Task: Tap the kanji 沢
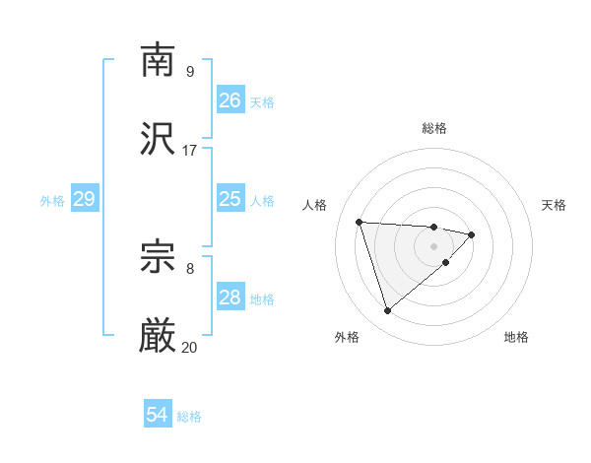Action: [x=158, y=140]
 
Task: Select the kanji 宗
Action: [x=158, y=257]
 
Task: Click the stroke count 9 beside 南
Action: [x=189, y=71]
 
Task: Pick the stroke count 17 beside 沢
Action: [x=189, y=151]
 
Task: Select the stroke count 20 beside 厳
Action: [x=189, y=348]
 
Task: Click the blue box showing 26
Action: [x=230, y=100]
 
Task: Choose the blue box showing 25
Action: [x=230, y=199]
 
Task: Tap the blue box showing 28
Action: [x=230, y=298]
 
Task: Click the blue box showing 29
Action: [x=84, y=199]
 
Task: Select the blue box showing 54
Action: [x=157, y=416]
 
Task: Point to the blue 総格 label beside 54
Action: [x=189, y=417]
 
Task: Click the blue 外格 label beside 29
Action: [x=52, y=200]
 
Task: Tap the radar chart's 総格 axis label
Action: [x=434, y=128]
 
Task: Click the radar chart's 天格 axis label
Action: [x=555, y=205]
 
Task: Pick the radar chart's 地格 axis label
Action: [x=516, y=337]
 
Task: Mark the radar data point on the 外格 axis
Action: [x=387, y=311]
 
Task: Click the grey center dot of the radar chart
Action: [x=434, y=245]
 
